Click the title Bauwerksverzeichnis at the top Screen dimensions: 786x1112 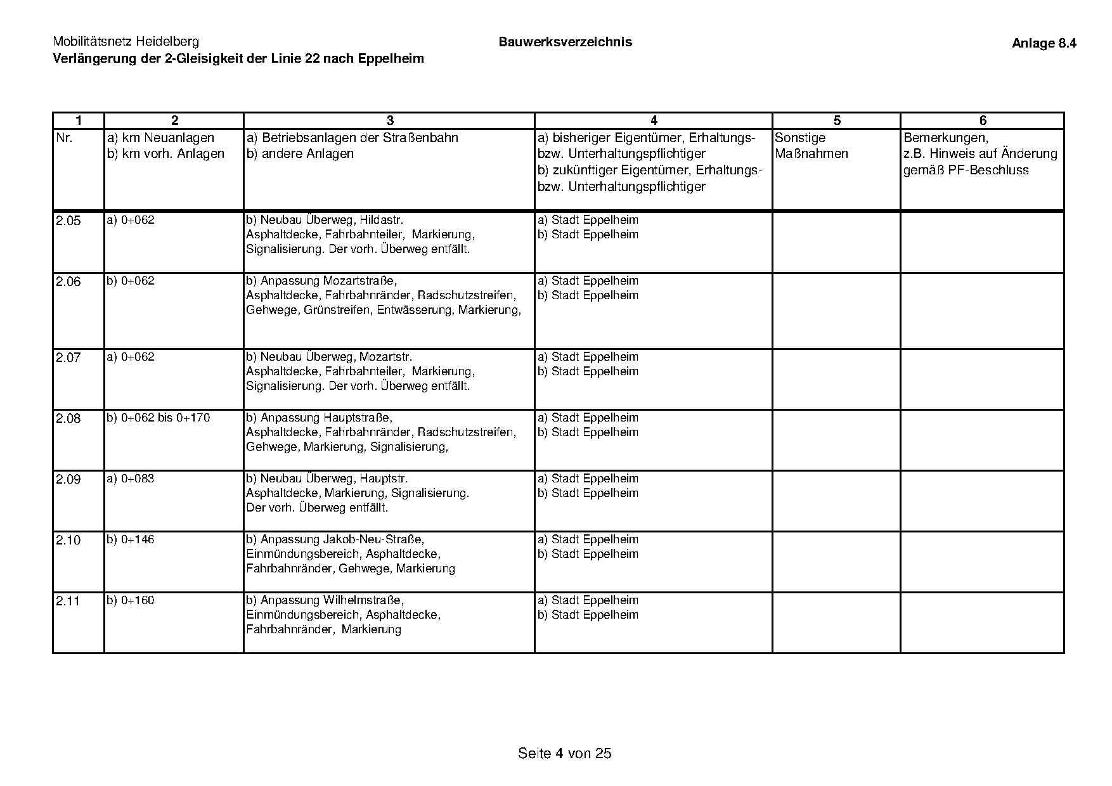coord(565,42)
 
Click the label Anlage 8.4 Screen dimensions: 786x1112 coord(1044,43)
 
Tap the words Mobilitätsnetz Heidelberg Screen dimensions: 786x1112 coord(126,42)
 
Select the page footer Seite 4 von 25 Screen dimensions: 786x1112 coord(564,753)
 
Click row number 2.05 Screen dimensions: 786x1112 coord(68,221)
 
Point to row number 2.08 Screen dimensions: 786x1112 coord(68,418)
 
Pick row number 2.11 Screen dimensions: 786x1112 coord(68,601)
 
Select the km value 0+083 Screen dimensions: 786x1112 coord(138,479)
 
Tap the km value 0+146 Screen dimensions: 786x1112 coord(138,539)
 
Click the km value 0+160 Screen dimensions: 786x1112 coord(138,600)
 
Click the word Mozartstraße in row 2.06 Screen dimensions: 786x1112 coord(359,281)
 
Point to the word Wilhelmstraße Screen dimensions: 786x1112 coord(363,600)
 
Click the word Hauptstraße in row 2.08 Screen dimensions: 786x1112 coord(358,418)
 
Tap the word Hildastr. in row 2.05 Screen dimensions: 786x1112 coord(381,220)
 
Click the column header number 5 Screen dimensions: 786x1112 coord(837,120)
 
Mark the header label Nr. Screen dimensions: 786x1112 coord(65,138)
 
